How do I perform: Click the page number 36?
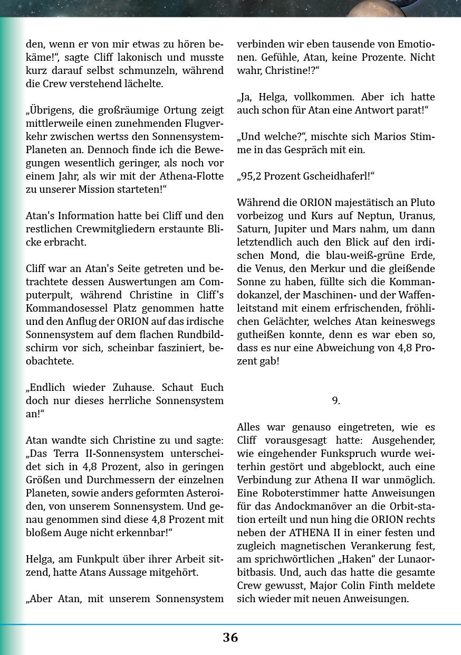[230, 637]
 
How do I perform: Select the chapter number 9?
[336, 400]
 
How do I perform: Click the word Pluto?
[422, 202]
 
